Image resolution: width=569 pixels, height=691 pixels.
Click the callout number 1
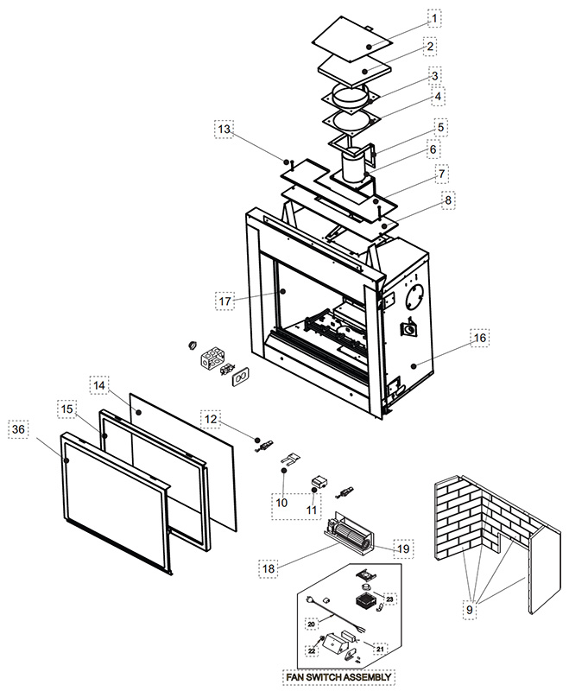(x=434, y=18)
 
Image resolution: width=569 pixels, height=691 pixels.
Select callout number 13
(x=224, y=129)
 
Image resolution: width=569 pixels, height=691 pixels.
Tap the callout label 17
(x=225, y=301)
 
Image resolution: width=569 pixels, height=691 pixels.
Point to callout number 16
(x=479, y=338)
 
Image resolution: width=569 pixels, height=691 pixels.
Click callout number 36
(x=18, y=428)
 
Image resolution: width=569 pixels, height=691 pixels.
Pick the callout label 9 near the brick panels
(x=470, y=610)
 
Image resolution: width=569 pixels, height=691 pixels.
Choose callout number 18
(x=269, y=568)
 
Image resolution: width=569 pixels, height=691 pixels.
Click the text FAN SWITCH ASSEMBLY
(x=338, y=677)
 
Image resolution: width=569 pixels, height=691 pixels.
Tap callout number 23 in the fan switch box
(x=389, y=599)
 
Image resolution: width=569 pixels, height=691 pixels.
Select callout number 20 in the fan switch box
(x=312, y=624)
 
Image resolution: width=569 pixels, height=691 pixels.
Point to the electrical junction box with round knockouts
(x=212, y=357)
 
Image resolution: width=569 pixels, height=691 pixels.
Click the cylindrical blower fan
(x=352, y=536)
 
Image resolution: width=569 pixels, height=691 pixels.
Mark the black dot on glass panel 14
(x=138, y=413)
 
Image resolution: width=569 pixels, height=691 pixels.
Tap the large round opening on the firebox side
(x=414, y=297)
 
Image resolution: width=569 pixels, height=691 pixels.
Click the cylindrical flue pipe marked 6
(x=354, y=168)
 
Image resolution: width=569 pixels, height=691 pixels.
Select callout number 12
(x=211, y=419)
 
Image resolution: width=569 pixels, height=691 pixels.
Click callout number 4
(x=438, y=96)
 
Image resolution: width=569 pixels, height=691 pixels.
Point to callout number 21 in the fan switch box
(x=380, y=649)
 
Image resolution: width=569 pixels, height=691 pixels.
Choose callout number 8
(x=448, y=200)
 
